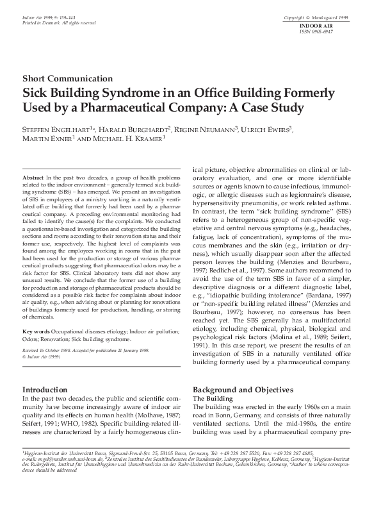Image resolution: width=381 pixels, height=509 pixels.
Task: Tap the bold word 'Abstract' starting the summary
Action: pyautogui.click(x=33, y=176)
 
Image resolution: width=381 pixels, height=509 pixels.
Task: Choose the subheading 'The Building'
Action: pyautogui.click(x=214, y=399)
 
